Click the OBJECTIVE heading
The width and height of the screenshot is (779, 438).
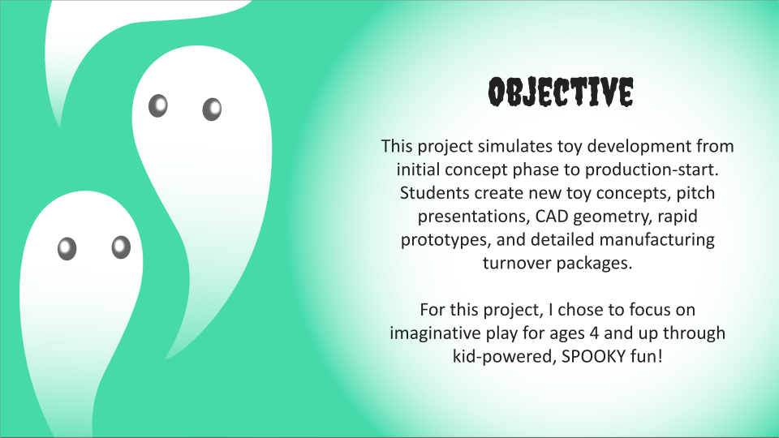559,94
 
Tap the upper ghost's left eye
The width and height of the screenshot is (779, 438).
157,105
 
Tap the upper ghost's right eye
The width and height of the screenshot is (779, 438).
212,109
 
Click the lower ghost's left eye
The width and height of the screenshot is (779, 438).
67,248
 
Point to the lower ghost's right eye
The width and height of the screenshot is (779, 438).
121,247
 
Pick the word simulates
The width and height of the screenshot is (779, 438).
515,148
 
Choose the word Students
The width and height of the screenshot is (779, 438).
432,195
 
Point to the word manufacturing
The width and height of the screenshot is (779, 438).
663,241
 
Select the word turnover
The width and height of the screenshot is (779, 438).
517,264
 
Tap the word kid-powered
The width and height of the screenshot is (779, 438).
497,356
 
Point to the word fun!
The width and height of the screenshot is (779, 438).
645,356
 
